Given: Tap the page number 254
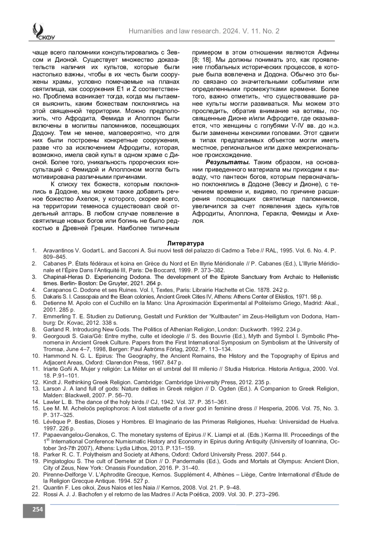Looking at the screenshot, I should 34,509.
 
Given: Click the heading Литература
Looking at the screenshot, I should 185,243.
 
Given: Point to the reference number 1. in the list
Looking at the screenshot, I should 34,250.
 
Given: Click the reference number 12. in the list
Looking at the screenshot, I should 35,382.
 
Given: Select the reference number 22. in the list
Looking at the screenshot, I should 35,494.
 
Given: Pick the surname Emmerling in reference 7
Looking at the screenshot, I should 57,316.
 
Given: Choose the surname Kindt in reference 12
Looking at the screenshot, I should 50,382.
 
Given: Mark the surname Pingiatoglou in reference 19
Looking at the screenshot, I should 58,461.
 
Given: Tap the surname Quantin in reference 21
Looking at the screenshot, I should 53,488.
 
